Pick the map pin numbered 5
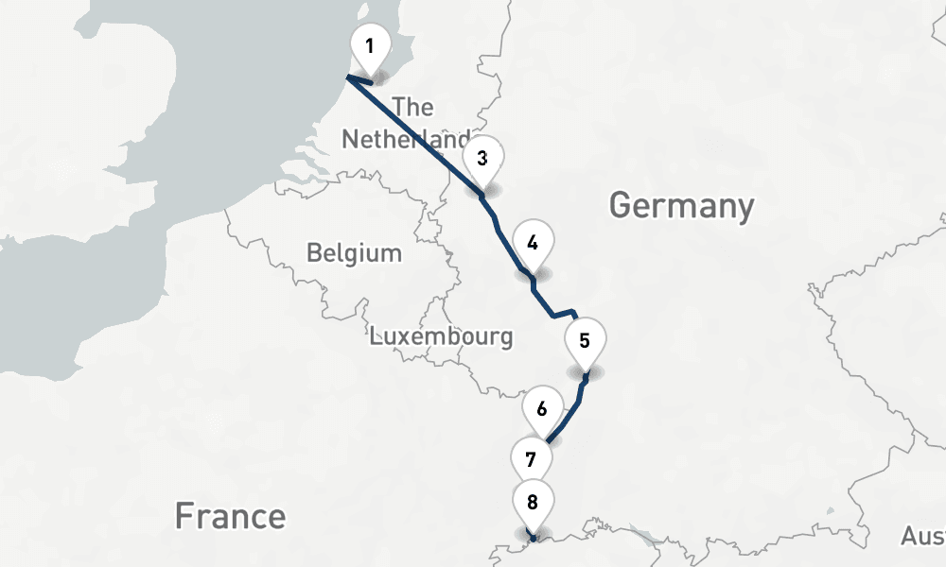(x=585, y=341)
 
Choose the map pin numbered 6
(x=542, y=410)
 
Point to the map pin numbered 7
(x=532, y=460)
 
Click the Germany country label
(x=681, y=205)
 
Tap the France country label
(x=230, y=516)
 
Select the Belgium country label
(x=354, y=253)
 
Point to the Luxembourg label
(x=442, y=335)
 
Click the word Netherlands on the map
(x=405, y=140)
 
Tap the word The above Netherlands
(x=412, y=107)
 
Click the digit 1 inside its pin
(x=370, y=45)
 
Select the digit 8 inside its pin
(x=533, y=502)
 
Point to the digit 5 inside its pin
(x=585, y=340)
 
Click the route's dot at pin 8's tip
(x=534, y=539)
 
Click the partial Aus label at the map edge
(x=922, y=537)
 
